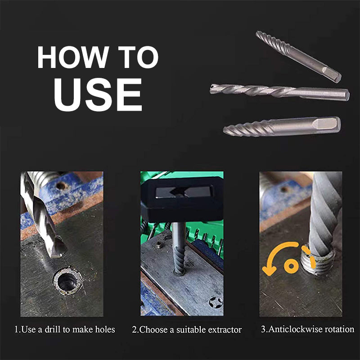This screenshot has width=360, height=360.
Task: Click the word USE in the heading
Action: tap(98, 94)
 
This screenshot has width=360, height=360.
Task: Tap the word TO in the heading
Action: tap(136, 58)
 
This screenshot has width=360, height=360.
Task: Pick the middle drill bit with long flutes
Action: tap(279, 92)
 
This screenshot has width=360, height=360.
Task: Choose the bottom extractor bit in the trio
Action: tap(282, 126)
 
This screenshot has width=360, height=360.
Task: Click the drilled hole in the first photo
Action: tap(67, 281)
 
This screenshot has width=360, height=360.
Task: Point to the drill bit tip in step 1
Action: tap(58, 250)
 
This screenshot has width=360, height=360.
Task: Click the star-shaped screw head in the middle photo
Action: tap(216, 302)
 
